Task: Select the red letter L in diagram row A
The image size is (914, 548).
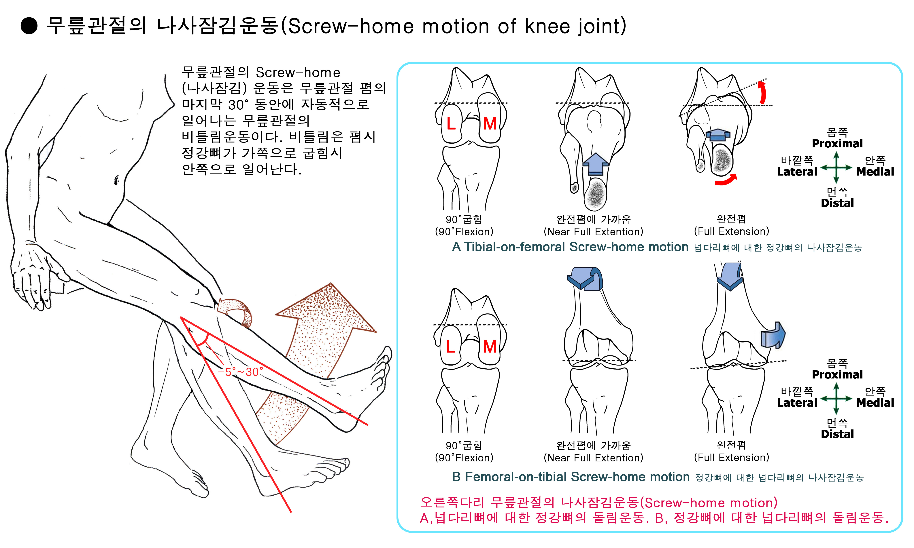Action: [x=451, y=124]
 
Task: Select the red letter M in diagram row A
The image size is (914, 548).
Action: [x=490, y=124]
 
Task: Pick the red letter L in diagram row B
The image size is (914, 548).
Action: [x=450, y=346]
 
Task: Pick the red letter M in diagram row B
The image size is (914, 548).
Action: [x=490, y=346]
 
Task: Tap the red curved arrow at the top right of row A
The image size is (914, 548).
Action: [x=762, y=92]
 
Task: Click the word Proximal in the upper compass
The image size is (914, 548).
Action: [x=837, y=143]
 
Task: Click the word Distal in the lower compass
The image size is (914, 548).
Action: [x=837, y=434]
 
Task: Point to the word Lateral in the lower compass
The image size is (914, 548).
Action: [x=797, y=403]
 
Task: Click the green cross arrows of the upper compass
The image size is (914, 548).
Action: [x=836, y=168]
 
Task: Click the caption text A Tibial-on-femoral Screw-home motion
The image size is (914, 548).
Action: [x=570, y=247]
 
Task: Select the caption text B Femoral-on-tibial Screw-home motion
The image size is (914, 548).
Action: [x=571, y=477]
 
